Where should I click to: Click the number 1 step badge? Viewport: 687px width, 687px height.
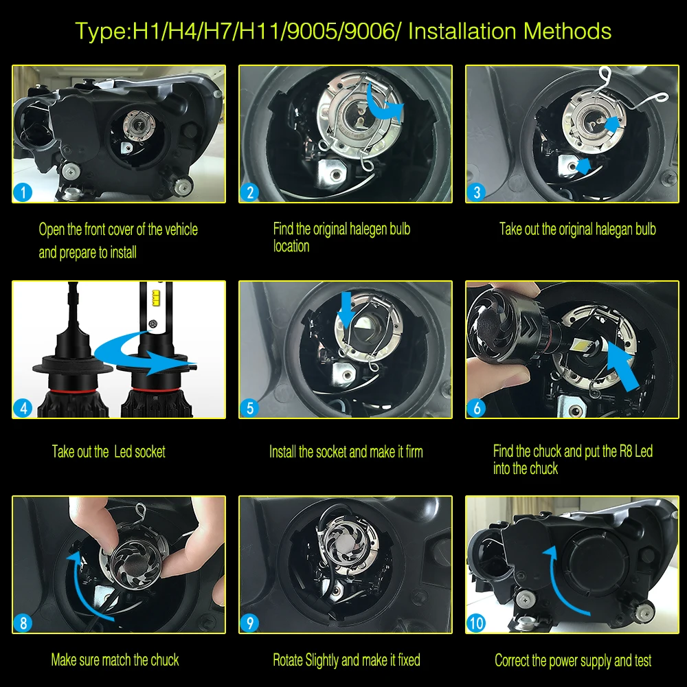(23, 192)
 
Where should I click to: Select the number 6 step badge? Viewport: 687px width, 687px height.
(476, 408)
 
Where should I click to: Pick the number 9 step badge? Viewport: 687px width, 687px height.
(249, 623)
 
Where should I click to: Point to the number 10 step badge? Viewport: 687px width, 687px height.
(476, 623)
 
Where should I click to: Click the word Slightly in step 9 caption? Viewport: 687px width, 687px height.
(322, 660)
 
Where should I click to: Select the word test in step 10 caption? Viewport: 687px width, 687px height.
(642, 660)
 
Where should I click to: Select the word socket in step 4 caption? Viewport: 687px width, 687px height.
(150, 451)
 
